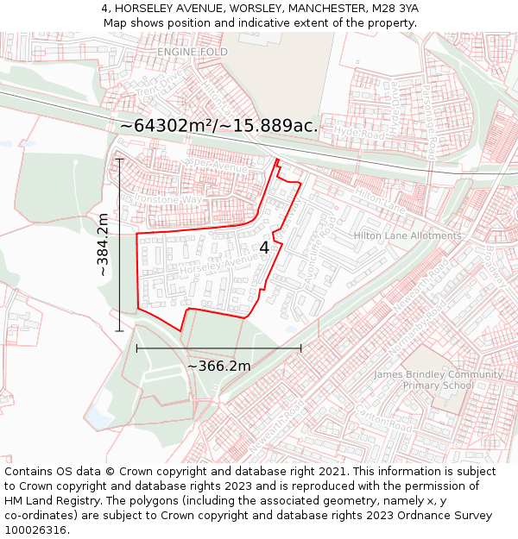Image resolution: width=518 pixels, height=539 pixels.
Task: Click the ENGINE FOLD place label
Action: coord(192,52)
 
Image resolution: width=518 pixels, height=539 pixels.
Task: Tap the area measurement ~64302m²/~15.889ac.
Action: coord(218,126)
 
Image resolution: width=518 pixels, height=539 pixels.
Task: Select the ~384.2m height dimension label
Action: coord(103,244)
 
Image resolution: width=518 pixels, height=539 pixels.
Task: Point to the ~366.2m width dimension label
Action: coord(219,366)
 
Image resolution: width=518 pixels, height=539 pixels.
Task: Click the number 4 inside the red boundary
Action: coord(264,248)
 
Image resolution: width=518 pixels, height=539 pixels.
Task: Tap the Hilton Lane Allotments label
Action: coord(407,235)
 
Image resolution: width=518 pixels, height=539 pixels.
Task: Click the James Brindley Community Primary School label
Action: coord(438,380)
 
